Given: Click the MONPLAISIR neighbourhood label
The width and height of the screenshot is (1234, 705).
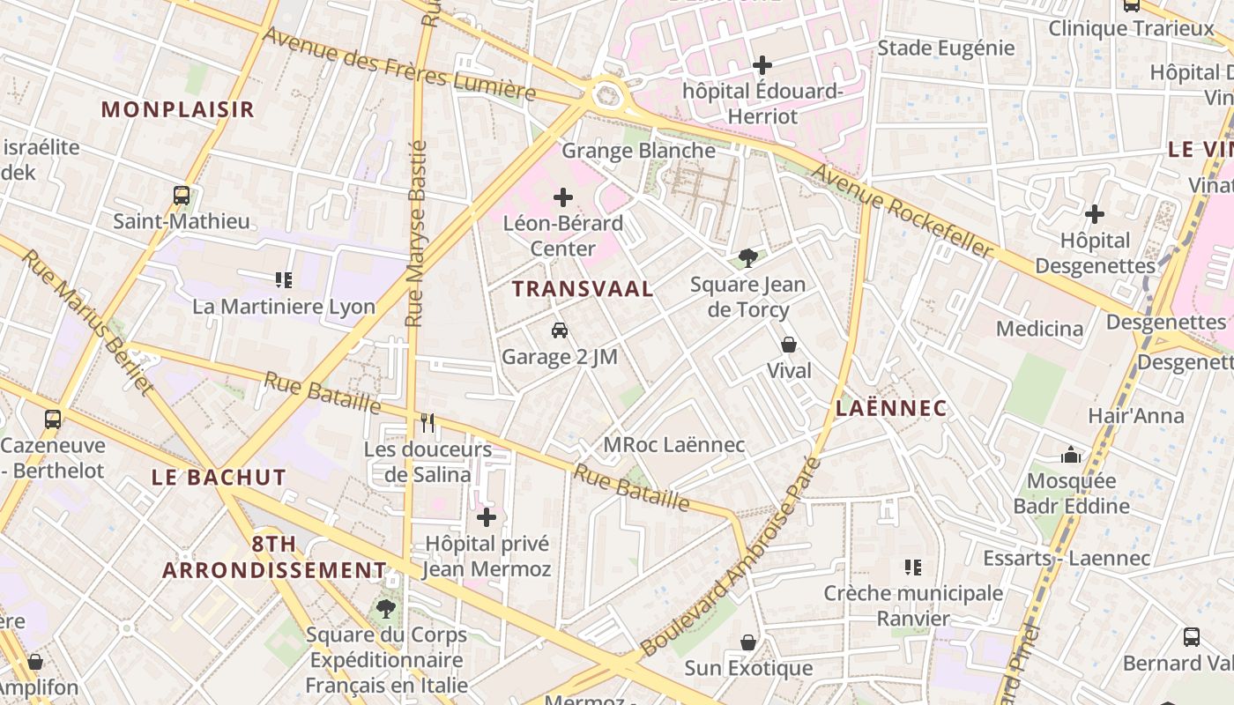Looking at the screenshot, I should coord(177,109).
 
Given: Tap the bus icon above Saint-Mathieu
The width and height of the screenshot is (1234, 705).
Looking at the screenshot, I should coord(182,196).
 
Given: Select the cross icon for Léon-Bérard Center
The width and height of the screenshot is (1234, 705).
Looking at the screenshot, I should coord(563,197).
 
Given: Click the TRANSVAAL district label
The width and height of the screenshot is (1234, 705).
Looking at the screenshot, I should coord(583,288).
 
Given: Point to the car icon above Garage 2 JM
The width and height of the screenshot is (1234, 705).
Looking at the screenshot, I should coord(559,330).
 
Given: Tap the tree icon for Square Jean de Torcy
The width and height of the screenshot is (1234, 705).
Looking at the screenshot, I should coord(748,258).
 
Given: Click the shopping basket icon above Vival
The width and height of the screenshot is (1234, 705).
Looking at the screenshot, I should coord(789,345).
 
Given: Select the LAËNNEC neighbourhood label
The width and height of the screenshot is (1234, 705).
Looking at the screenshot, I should coord(890,408).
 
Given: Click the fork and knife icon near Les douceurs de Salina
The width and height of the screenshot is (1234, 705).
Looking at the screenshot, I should coord(428,423).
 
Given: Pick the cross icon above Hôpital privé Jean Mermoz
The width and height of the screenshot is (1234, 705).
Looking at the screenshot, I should coord(486,516).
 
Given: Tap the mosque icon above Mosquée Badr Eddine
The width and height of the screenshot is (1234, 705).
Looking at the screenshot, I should coord(1071,455).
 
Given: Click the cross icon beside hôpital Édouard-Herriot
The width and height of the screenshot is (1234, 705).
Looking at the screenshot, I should coord(762,65).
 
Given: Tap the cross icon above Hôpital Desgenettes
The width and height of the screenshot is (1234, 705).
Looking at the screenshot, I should coord(1095,214).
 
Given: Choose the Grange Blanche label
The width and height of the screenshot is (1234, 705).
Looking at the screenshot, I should coord(638,151).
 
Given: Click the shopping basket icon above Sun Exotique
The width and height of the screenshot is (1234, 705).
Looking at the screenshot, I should coord(748,642).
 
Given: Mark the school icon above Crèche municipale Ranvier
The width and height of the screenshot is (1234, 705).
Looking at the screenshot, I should coord(913,568).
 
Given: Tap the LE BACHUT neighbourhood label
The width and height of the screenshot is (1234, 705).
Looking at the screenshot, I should coord(219,478).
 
